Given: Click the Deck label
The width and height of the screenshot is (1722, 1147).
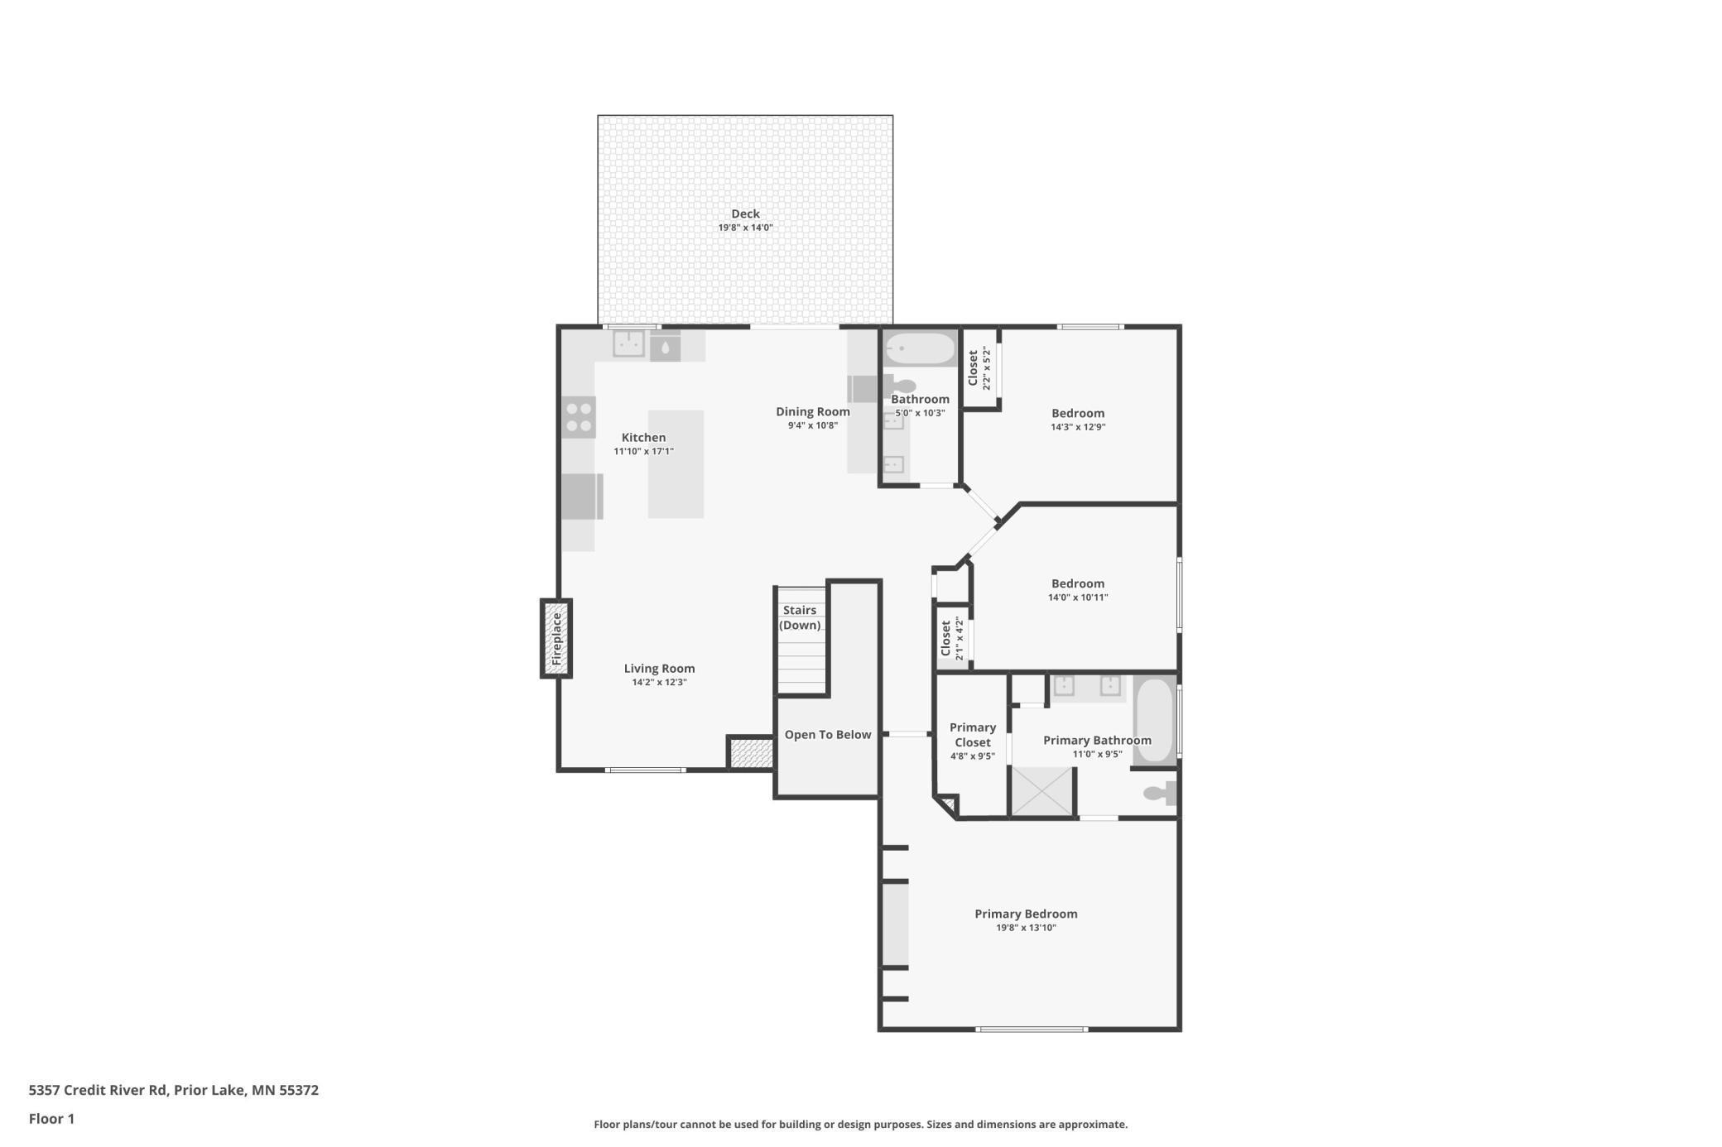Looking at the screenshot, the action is click(745, 214).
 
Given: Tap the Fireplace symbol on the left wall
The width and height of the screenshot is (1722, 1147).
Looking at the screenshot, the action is click(556, 639).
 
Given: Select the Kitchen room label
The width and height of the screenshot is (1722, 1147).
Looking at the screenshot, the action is click(643, 438).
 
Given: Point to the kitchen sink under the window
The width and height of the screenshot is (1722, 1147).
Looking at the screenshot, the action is click(629, 343).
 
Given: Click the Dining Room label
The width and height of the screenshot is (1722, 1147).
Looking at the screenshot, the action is click(813, 411).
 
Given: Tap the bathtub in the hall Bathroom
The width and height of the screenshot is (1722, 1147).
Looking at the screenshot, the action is click(919, 348).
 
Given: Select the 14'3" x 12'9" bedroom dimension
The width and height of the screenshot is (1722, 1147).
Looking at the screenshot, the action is click(1078, 427).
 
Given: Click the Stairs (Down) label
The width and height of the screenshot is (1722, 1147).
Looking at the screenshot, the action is click(800, 617).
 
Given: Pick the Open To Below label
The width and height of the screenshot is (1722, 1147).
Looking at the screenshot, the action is click(828, 735).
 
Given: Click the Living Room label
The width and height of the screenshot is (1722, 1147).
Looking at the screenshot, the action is click(659, 669).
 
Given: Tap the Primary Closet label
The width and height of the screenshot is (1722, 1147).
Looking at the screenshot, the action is click(973, 735).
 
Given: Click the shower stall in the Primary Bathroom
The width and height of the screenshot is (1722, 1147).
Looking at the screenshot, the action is click(1041, 792).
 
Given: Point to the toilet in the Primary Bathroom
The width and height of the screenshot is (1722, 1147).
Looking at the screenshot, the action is click(1160, 793).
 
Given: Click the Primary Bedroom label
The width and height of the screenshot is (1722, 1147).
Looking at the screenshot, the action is click(1026, 914).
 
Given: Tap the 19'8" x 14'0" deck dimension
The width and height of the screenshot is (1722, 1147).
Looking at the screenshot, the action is click(745, 228).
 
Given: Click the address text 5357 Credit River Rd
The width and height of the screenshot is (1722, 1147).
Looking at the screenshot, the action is click(98, 1090).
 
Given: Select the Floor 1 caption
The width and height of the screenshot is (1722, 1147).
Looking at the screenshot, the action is click(51, 1119).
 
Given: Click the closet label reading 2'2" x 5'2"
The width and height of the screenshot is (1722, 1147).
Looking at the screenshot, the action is click(985, 368).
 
